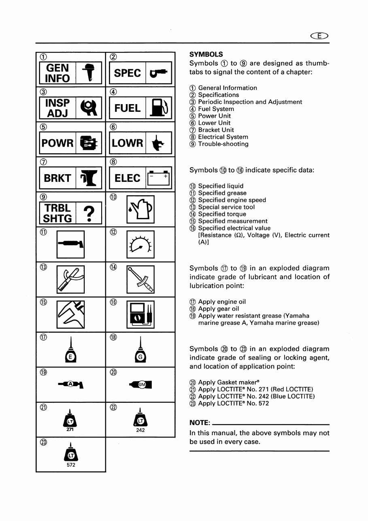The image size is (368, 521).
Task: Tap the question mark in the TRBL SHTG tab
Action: pos(91,213)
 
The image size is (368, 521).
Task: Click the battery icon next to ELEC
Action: pos(159,178)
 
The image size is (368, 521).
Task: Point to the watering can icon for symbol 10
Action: pos(140,209)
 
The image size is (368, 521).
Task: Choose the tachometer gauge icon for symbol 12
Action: pos(140,244)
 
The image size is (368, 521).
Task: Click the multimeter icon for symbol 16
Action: pos(140,314)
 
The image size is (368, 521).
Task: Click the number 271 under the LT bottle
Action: pos(71,430)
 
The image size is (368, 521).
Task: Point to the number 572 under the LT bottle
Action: pos(71,465)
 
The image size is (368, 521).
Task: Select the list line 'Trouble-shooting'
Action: pos(223,144)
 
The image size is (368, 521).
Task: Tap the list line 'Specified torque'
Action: pos(222,214)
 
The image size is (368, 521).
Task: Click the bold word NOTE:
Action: pos(200,423)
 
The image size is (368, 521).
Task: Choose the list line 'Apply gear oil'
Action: pos(219,309)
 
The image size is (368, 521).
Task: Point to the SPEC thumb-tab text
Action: pos(128,73)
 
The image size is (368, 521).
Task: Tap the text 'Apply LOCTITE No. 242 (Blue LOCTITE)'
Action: pos(256,397)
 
